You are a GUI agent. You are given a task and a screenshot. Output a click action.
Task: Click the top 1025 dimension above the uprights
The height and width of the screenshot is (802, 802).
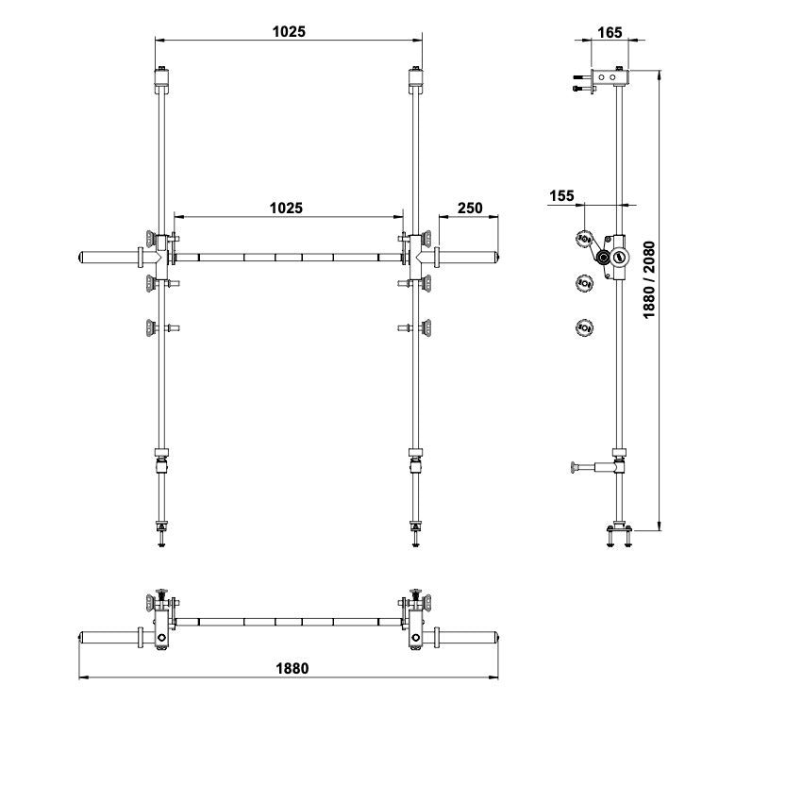[289, 32]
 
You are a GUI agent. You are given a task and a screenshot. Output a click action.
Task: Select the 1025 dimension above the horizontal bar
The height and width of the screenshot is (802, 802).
[286, 208]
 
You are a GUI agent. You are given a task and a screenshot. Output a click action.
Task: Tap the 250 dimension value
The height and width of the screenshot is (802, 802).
[470, 209]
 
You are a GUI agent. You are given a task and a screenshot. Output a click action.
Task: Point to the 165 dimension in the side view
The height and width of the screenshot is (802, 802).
[610, 32]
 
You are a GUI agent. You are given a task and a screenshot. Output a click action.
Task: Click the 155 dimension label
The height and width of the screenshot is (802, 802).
[561, 196]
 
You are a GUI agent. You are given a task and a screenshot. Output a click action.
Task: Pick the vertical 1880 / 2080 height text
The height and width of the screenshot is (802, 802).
[648, 280]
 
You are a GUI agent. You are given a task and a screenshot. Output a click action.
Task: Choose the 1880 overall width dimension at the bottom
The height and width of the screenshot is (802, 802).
[292, 668]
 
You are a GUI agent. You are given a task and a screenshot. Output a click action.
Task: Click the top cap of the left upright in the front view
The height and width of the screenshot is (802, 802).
[161, 80]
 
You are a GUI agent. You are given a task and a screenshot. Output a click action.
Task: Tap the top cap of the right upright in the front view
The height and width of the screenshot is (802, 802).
[415, 80]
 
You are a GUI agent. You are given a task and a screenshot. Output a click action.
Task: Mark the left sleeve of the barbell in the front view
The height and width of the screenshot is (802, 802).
[111, 257]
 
